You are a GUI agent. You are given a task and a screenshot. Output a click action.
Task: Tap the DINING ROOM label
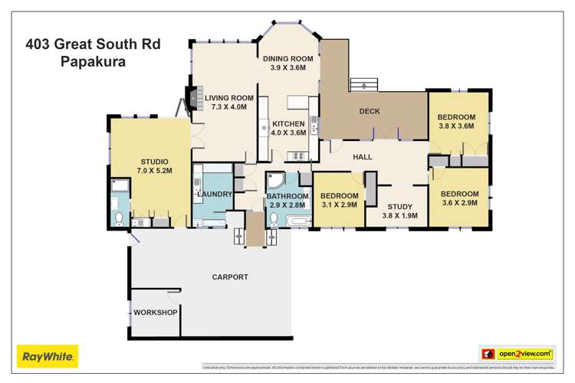[288, 59]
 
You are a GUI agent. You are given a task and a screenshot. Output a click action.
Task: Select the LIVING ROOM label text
[228, 98]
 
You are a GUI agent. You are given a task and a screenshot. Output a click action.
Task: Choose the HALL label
[363, 157]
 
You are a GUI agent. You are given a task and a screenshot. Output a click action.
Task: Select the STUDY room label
[399, 207]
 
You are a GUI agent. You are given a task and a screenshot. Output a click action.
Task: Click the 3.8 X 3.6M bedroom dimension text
[457, 128]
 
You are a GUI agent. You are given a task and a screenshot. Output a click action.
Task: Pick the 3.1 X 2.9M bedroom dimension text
[340, 205]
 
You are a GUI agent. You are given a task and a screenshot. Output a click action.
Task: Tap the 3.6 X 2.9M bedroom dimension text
[460, 204]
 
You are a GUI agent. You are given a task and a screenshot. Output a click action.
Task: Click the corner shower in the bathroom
[276, 182]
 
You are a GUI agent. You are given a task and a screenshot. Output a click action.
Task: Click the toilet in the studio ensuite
[119, 218]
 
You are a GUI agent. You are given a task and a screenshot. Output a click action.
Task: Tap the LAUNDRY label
[215, 194]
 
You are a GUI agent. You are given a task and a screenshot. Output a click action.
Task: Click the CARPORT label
[230, 277]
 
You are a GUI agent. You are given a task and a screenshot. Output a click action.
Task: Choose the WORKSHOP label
[156, 313]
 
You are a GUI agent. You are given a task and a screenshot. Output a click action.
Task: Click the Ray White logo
[48, 355]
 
